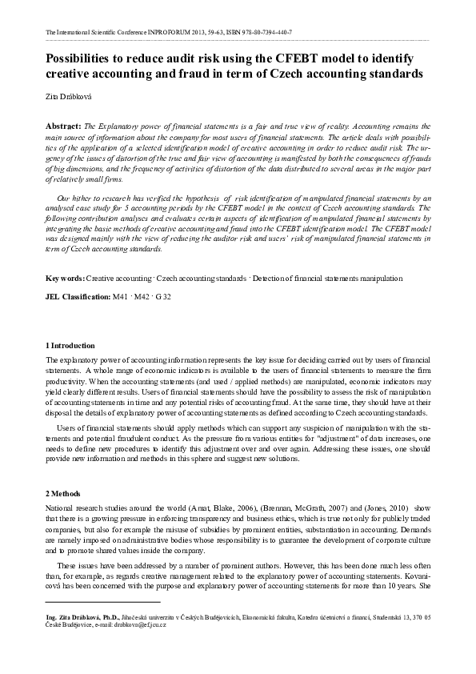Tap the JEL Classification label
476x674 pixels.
(x=78, y=296)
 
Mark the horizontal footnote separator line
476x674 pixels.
(x=103, y=601)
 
